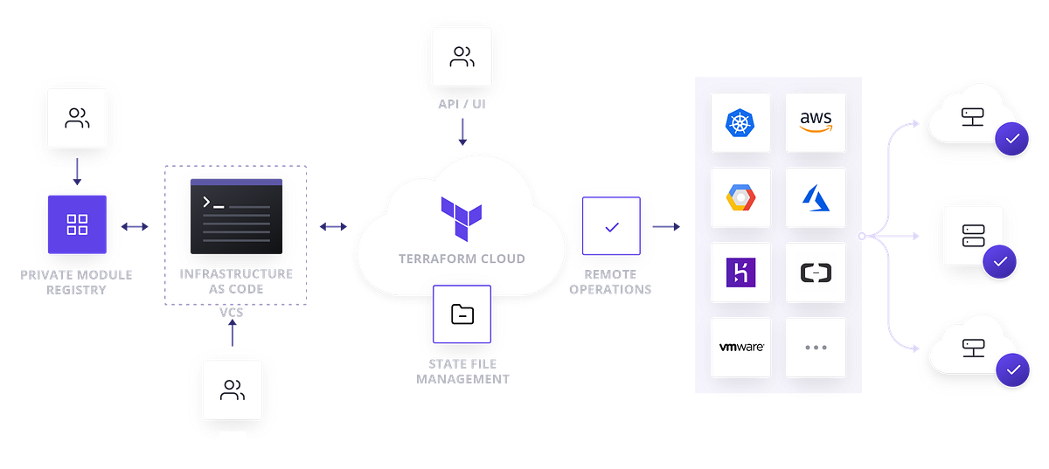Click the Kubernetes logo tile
[x=740, y=123]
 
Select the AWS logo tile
[x=815, y=123]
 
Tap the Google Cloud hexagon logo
[x=740, y=198]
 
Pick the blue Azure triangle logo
[x=815, y=198]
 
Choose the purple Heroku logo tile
[x=740, y=272]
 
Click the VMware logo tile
[x=740, y=347]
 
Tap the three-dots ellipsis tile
[x=815, y=347]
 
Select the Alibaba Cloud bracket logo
[x=815, y=272]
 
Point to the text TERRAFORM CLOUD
[x=462, y=259]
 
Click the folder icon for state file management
[x=462, y=314]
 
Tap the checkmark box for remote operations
[x=611, y=226]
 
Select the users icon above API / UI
[x=462, y=58]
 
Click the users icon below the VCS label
[x=232, y=390]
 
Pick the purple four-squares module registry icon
[x=77, y=224]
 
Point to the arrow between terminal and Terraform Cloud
[x=332, y=227]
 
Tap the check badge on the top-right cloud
[x=1012, y=139]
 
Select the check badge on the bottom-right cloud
[x=1012, y=369]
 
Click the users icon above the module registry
[x=77, y=118]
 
